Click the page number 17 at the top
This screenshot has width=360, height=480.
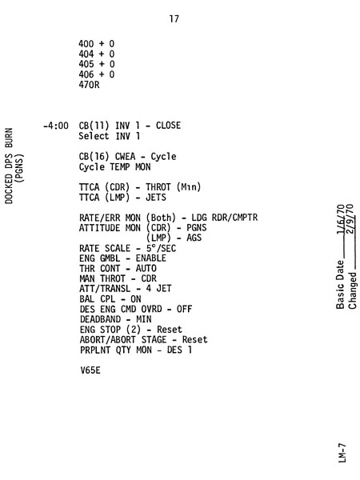174,19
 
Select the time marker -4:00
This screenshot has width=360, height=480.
56,126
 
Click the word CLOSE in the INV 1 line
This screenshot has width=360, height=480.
168,126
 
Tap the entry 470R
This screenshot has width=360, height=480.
89,85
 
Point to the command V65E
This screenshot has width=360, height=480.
90,370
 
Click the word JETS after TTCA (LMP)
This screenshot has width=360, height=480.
156,198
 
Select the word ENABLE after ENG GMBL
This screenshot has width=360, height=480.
151,258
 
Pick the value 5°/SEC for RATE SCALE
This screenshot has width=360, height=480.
161,248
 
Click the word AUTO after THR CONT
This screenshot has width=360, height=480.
146,269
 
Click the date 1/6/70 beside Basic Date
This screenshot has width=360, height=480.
341,219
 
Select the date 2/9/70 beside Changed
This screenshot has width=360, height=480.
350,219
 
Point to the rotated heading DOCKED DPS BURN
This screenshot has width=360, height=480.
9,166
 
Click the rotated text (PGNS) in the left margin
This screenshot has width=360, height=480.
19,168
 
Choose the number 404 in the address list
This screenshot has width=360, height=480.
86,54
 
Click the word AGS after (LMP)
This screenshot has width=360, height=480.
194,238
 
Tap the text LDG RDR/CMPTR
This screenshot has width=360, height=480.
225,218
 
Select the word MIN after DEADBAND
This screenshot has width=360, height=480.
144,319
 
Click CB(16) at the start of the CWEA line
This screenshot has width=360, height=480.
94,157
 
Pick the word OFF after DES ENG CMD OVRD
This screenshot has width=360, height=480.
184,309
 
